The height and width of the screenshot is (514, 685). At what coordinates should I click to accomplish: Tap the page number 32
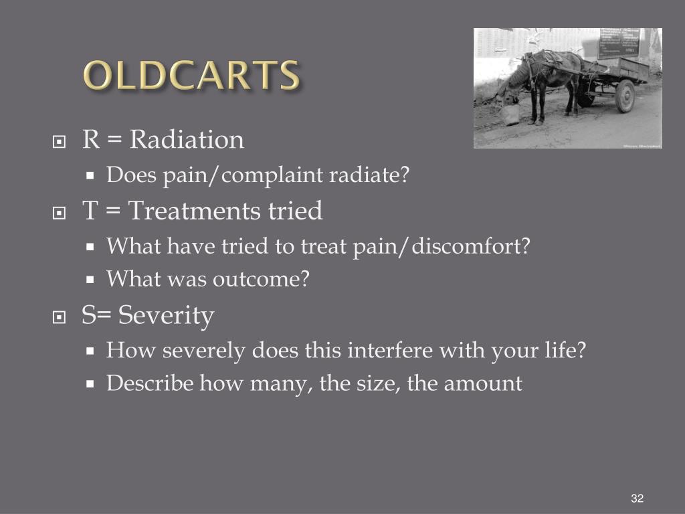(637, 499)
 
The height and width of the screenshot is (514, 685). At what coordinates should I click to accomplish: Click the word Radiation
(187, 140)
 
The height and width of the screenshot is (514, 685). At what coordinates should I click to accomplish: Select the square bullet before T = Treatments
(60, 213)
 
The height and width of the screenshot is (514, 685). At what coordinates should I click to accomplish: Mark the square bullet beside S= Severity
(60, 318)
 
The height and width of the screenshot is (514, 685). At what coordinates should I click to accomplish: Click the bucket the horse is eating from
(511, 114)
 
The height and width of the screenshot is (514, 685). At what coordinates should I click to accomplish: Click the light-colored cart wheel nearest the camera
(625, 96)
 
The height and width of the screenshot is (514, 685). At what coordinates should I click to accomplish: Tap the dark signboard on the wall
(618, 43)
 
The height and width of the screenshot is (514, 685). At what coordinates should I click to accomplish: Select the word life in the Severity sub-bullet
(563, 350)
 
